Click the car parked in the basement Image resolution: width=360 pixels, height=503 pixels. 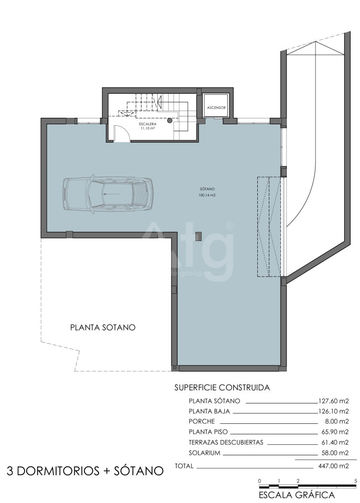[x=108, y=194]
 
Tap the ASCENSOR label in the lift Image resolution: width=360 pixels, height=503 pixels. [x=216, y=108]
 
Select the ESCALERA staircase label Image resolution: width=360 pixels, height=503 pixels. [x=148, y=124]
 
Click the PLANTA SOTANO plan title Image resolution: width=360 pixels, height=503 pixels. [x=103, y=327]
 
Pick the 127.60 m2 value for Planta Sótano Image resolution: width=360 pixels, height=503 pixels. [x=333, y=401]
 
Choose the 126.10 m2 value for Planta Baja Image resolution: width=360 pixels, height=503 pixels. [x=333, y=411]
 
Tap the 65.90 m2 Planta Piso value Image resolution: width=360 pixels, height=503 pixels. [x=335, y=432]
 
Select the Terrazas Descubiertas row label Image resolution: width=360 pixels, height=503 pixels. [x=226, y=442]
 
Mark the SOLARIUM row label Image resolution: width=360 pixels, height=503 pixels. [x=204, y=453]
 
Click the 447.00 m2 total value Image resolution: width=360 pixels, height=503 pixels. [x=333, y=466]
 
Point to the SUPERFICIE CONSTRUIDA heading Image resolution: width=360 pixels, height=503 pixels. [x=222, y=388]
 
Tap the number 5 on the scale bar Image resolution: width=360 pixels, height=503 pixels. [x=355, y=481]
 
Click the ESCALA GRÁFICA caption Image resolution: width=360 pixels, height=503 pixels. [x=297, y=495]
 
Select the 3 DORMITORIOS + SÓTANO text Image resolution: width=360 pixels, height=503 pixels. [x=85, y=471]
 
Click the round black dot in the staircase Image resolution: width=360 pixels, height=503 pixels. [x=169, y=121]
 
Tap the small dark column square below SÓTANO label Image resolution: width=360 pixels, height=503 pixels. [x=198, y=236]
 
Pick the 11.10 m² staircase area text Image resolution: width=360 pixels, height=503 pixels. [x=148, y=128]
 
